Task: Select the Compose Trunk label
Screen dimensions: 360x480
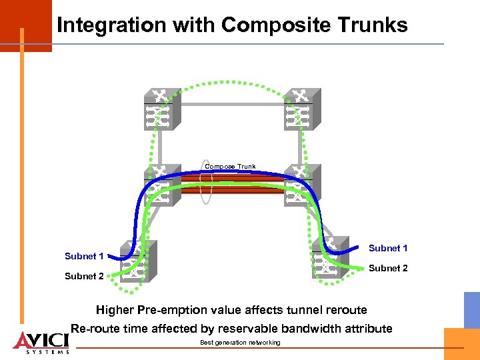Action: click(x=230, y=167)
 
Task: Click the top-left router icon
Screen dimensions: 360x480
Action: click(x=160, y=110)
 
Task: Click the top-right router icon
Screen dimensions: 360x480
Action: click(x=301, y=110)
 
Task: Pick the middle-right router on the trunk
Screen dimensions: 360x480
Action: click(x=301, y=186)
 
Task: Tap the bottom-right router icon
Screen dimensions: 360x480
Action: click(x=328, y=257)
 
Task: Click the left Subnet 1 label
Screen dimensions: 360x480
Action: click(x=84, y=257)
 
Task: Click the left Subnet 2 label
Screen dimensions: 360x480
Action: click(x=84, y=277)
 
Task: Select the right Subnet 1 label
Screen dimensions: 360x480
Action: click(x=388, y=249)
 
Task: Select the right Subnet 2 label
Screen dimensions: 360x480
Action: click(x=388, y=269)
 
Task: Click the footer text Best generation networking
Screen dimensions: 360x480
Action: click(x=240, y=343)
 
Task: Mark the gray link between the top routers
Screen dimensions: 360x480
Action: click(x=230, y=105)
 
